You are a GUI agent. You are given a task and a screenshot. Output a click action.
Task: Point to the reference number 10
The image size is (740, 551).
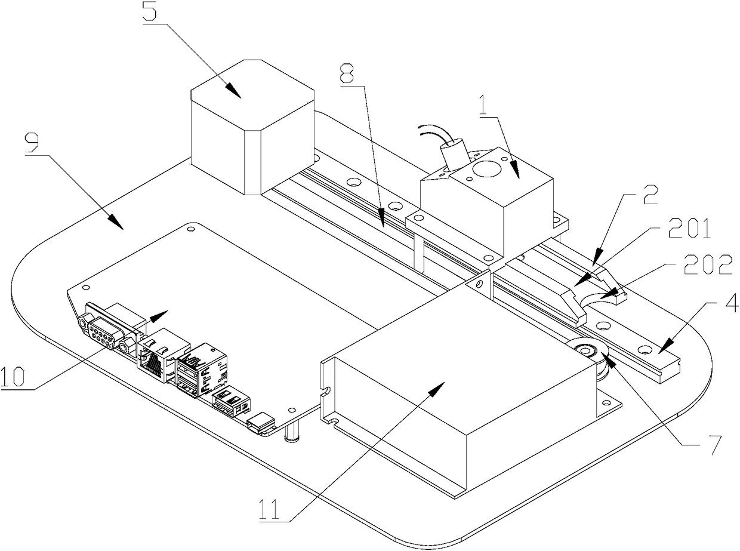(13, 378)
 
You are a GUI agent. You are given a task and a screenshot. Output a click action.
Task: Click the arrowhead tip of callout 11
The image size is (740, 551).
(443, 384)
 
